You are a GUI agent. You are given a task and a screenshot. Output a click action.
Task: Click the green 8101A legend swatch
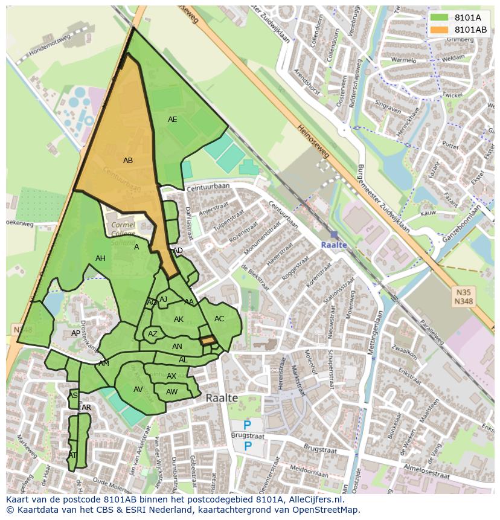(x=440, y=18)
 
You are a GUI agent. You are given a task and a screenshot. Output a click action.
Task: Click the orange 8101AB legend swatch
(x=440, y=30)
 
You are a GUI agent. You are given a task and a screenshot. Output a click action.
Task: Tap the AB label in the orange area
(x=128, y=161)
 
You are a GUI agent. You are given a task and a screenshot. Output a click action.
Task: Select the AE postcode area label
(x=173, y=120)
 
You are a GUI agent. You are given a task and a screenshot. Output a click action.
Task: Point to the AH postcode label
(x=100, y=258)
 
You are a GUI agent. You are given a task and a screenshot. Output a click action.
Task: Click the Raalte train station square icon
(x=334, y=234)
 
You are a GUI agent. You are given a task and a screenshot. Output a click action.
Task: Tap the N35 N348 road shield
(x=463, y=297)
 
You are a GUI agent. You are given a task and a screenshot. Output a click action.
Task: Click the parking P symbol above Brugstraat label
(x=248, y=425)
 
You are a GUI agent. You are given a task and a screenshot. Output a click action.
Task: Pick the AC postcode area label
(x=219, y=319)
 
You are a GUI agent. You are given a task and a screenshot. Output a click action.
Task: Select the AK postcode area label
(x=179, y=319)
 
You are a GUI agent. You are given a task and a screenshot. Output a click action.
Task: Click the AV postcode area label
(x=138, y=390)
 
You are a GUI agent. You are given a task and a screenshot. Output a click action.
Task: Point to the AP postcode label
(x=76, y=333)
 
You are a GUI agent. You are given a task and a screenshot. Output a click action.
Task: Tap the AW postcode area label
(x=172, y=392)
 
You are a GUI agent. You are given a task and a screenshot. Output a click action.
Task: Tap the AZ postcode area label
(x=153, y=334)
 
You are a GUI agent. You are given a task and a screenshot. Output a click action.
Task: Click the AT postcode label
(x=72, y=455)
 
